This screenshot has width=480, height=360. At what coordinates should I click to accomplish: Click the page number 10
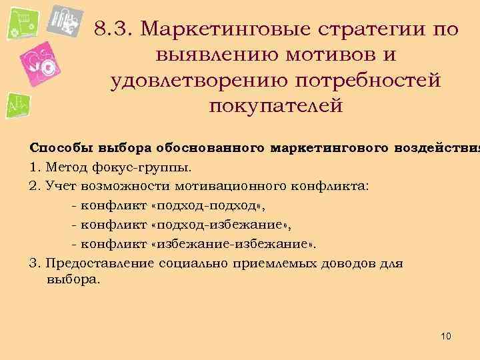point(446,337)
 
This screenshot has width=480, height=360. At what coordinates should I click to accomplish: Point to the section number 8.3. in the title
point(115,29)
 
